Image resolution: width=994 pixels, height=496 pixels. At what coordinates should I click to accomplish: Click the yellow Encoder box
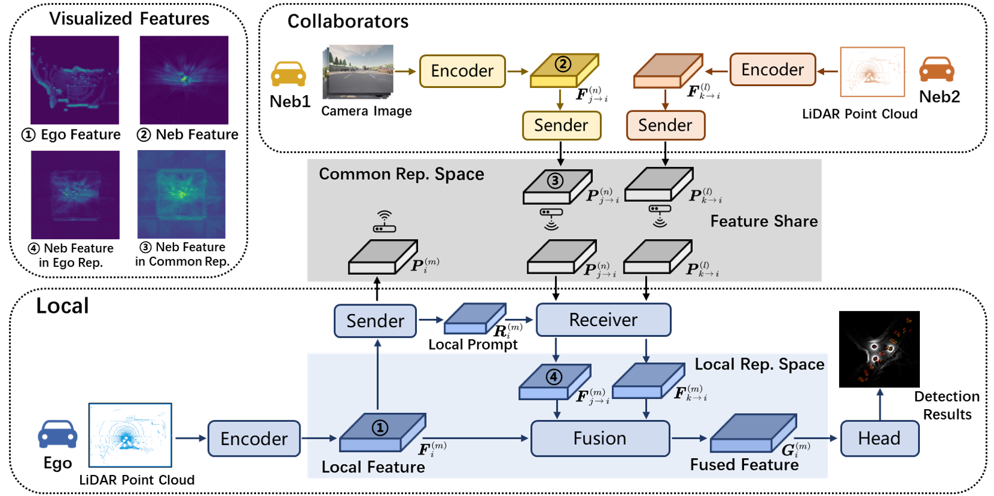click(x=462, y=71)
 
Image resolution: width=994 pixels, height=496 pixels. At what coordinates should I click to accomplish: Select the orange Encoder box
click(x=772, y=70)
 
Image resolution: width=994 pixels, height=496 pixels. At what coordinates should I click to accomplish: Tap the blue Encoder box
click(x=254, y=439)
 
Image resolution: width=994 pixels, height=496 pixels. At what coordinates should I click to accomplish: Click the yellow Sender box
click(x=561, y=125)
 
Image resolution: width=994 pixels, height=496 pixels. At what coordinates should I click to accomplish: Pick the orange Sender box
click(x=665, y=125)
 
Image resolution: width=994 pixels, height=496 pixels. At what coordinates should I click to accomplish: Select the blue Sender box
click(x=375, y=321)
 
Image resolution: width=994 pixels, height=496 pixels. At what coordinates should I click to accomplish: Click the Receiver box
click(x=603, y=320)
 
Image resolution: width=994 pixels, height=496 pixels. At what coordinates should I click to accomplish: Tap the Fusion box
click(x=599, y=438)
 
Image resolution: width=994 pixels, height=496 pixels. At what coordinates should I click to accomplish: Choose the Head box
click(x=879, y=438)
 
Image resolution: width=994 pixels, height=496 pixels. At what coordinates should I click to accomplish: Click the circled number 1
click(x=380, y=428)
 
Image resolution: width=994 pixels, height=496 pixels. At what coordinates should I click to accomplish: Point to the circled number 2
click(x=563, y=64)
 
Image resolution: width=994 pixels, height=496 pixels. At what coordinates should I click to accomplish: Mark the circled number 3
click(x=555, y=180)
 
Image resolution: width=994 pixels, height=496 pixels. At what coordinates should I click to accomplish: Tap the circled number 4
click(x=554, y=377)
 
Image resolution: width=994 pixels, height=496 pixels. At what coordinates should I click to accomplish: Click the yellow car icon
click(x=289, y=74)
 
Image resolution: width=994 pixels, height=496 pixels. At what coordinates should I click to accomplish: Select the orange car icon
click(x=936, y=69)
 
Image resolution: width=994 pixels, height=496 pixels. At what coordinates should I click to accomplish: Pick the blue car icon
click(x=58, y=434)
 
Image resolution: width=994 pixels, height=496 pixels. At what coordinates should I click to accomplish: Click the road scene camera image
click(x=357, y=69)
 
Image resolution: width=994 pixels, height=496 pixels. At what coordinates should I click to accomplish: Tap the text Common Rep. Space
click(x=401, y=174)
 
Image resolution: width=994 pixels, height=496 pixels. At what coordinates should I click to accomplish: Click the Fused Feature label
click(x=744, y=465)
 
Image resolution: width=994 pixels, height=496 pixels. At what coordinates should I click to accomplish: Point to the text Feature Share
click(x=763, y=221)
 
